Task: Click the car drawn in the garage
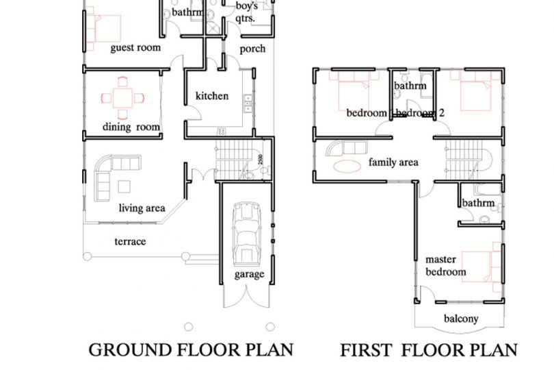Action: pyautogui.click(x=247, y=234)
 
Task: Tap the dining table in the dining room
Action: pyautogui.click(x=122, y=98)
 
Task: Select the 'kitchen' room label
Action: pyautogui.click(x=212, y=96)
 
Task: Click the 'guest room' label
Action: pyautogui.click(x=135, y=48)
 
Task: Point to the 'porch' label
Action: pyautogui.click(x=252, y=49)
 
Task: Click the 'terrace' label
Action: pyautogui.click(x=130, y=241)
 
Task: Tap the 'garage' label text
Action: pyautogui.click(x=250, y=274)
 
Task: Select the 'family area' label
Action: pyautogui.click(x=393, y=162)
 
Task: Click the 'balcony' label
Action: pyautogui.click(x=461, y=319)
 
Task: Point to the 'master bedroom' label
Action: pyautogui.click(x=445, y=266)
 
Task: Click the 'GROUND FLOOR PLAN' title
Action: pyautogui.click(x=191, y=350)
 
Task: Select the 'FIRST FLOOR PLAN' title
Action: pyautogui.click(x=429, y=350)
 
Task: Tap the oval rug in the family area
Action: pyautogui.click(x=347, y=166)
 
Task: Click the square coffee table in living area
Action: pyautogui.click(x=124, y=186)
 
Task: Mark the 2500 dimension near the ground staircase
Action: pyautogui.click(x=261, y=159)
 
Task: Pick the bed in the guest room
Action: pyautogui.click(x=103, y=28)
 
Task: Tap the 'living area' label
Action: pyautogui.click(x=142, y=208)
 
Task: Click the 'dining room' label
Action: pyautogui.click(x=131, y=127)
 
